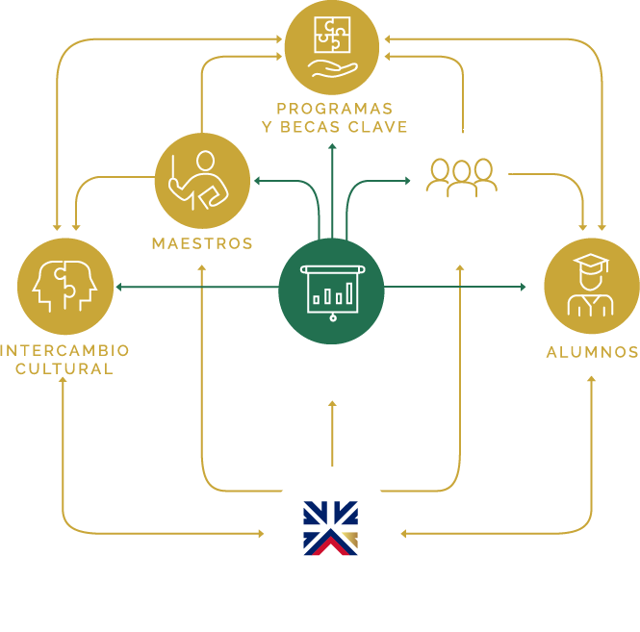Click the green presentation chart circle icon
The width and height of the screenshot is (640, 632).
331,287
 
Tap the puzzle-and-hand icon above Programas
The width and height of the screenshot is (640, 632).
332,46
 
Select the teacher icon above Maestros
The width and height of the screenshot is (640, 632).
202,180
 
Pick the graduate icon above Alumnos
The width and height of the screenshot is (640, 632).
591,286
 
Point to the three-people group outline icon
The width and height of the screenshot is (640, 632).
462,176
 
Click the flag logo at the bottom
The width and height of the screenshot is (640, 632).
331,528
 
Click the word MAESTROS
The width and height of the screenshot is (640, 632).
202,244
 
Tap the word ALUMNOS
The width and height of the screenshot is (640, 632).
591,352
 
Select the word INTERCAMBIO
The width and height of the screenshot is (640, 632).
65,350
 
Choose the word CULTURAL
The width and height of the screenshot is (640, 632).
65,368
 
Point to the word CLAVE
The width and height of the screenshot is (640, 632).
380,127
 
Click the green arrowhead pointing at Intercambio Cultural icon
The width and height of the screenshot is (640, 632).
117,287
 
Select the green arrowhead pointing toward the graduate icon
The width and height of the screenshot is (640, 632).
524,287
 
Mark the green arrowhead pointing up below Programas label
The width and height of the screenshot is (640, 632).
332,147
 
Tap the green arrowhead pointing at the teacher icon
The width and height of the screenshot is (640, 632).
257,180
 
